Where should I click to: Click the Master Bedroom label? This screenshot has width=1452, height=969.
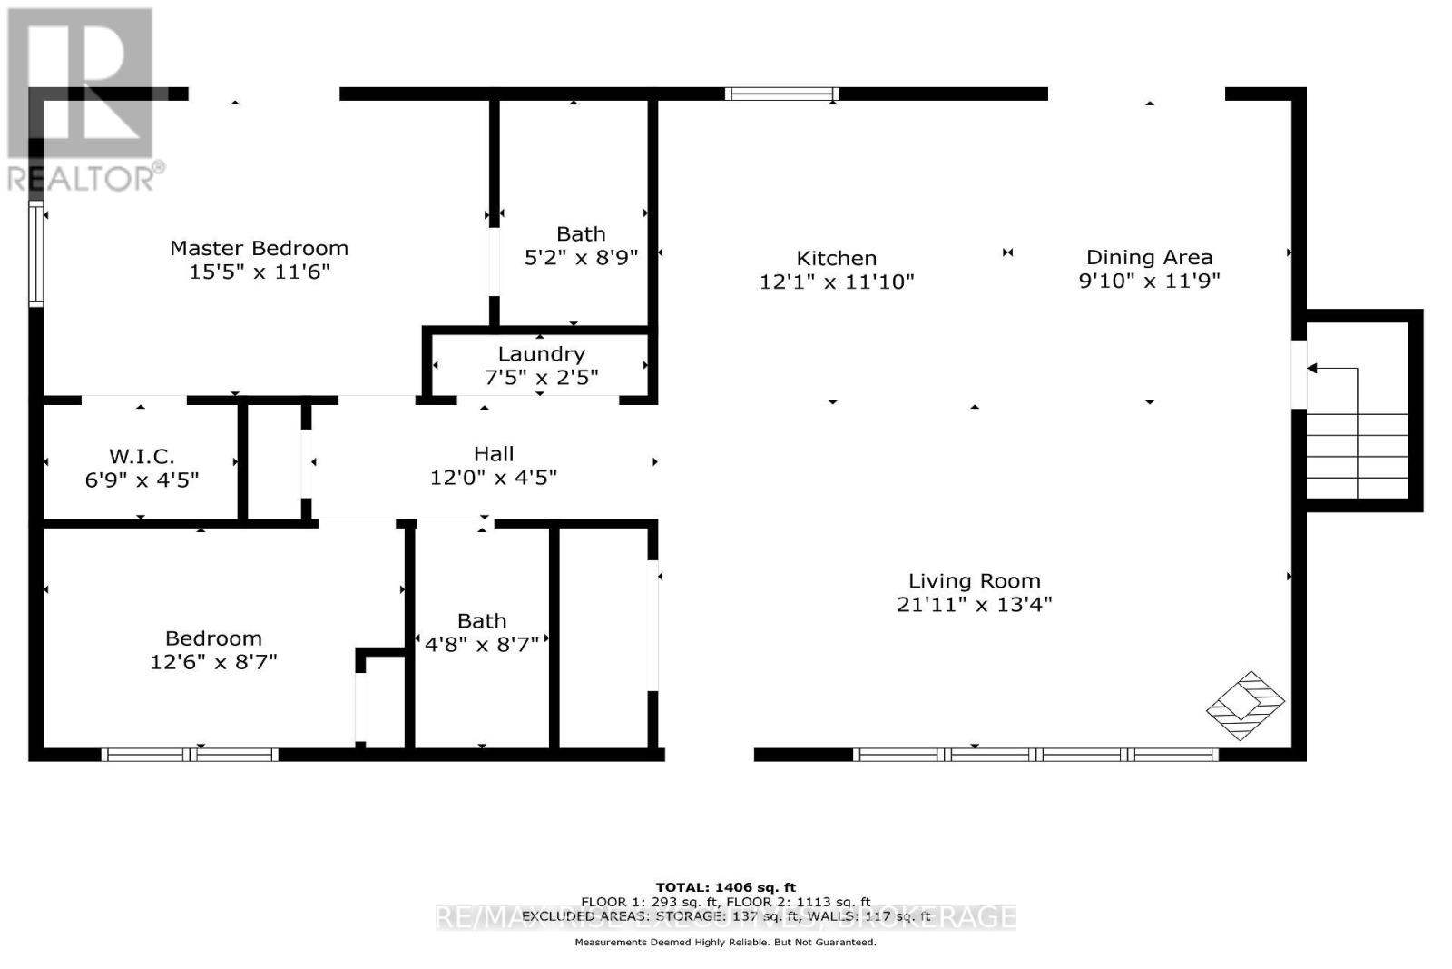(259, 248)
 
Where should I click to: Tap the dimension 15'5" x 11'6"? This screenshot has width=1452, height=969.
(259, 272)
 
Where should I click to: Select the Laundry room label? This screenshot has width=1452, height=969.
(541, 354)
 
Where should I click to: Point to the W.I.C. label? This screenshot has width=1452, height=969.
(142, 456)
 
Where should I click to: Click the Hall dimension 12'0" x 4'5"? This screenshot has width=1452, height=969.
(494, 478)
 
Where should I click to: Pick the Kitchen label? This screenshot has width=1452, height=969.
(836, 258)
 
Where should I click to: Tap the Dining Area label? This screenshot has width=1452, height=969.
(1149, 257)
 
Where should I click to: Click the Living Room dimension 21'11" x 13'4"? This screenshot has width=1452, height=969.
(974, 605)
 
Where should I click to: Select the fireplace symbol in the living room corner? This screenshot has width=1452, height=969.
(1245, 706)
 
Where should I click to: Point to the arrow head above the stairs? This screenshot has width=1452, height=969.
(1311, 369)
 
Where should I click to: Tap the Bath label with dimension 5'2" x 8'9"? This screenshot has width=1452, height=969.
(581, 234)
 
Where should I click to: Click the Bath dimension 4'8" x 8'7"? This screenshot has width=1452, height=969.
(482, 645)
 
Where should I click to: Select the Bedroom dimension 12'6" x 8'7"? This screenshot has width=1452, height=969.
(213, 662)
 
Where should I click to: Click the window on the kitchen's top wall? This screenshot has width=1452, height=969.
(781, 94)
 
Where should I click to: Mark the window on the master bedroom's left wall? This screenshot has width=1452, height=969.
(36, 254)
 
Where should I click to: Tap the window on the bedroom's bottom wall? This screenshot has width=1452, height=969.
(189, 754)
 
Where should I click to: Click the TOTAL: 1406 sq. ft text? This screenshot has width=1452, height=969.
(725, 887)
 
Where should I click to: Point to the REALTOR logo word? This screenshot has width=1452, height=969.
(85, 178)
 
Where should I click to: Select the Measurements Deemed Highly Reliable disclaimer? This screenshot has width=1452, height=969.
(725, 943)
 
